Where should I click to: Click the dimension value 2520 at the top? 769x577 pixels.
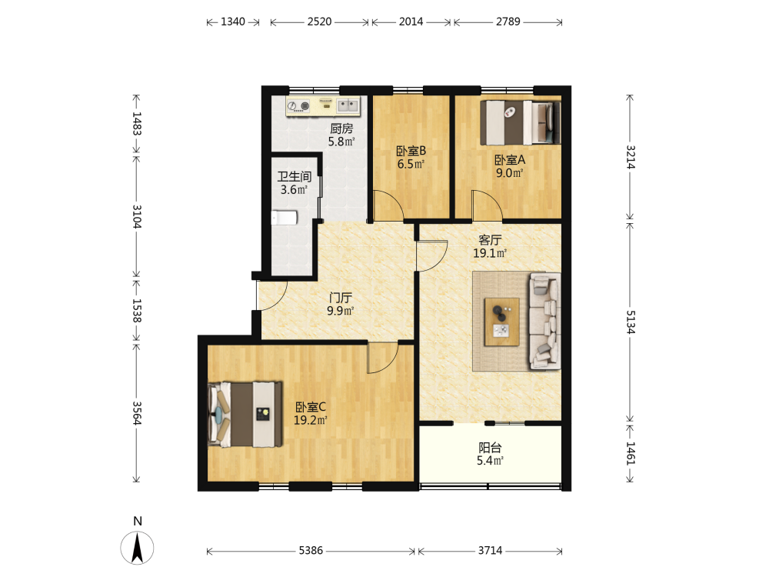[x=319, y=22]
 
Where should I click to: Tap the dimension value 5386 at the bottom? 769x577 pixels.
[x=311, y=551]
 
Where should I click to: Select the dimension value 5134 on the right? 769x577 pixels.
[x=631, y=322]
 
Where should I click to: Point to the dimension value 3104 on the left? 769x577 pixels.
[x=137, y=216]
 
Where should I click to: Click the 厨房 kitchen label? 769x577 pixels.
[x=341, y=128]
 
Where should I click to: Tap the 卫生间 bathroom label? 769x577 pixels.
[x=295, y=177]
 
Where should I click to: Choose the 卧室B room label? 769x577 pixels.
[x=411, y=151]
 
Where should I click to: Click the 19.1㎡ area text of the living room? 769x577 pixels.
[x=489, y=253]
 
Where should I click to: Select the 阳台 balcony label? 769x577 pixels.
[x=490, y=448]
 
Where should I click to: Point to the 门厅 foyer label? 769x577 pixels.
[x=341, y=298]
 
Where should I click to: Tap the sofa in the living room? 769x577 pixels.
[x=544, y=321]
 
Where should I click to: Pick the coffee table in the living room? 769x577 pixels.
[x=501, y=322]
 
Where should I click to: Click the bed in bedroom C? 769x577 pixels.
[x=245, y=415]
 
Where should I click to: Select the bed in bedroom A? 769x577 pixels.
[x=521, y=122]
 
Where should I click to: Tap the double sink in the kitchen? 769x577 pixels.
[x=348, y=105]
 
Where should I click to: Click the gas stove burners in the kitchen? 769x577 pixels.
[x=298, y=105]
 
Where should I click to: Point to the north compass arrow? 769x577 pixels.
[x=138, y=548]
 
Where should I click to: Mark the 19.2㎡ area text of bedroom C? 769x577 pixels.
[x=311, y=420]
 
